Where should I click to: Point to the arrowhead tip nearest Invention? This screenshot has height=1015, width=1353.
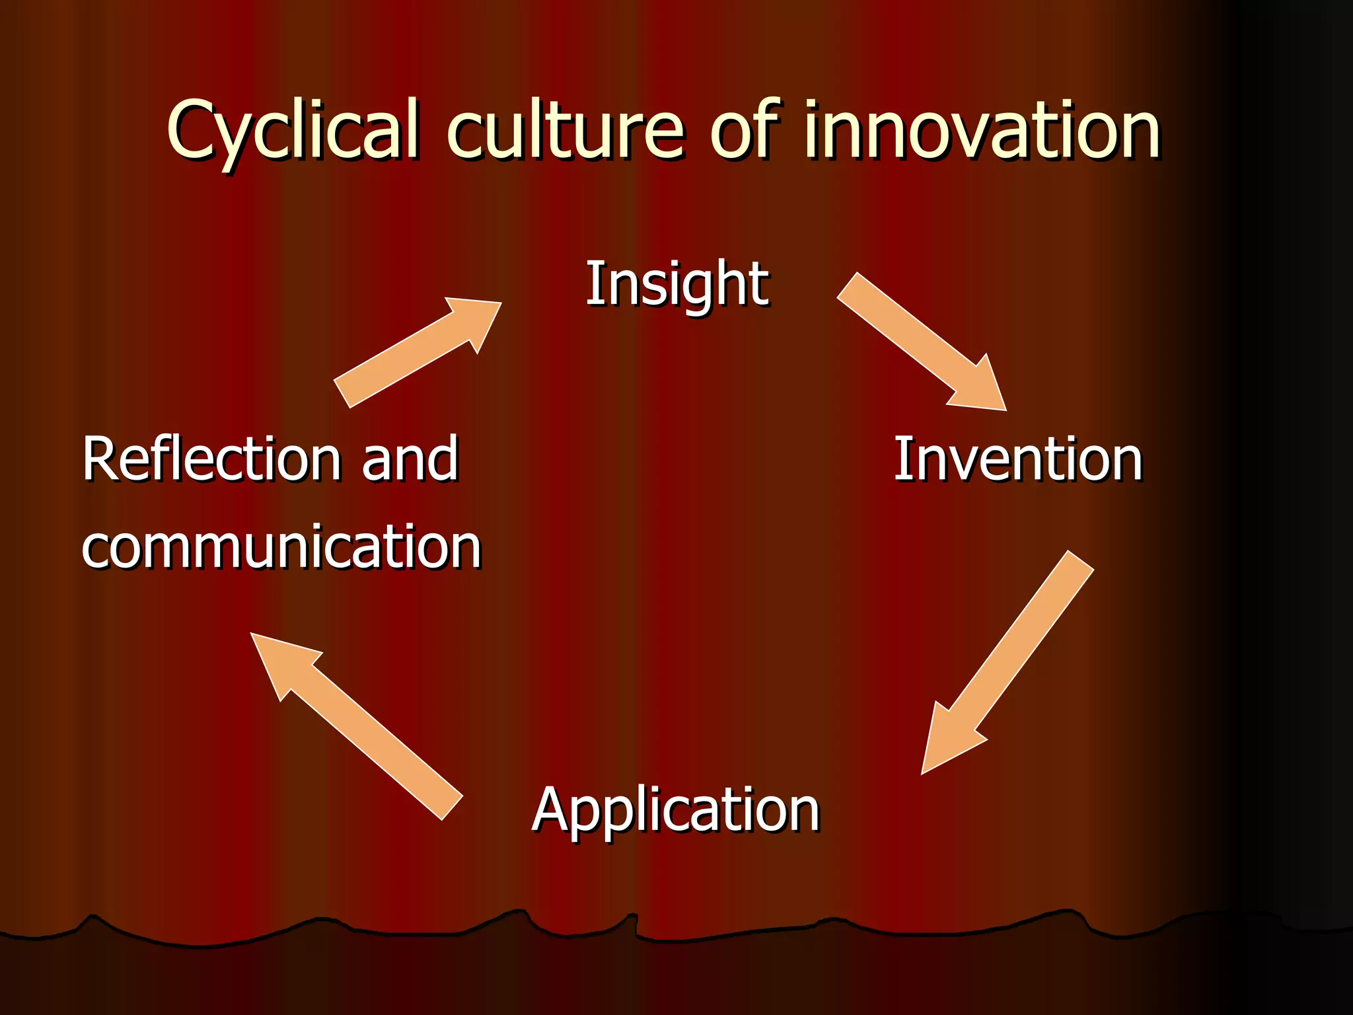click(1004, 408)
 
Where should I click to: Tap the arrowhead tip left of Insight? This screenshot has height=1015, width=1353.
click(499, 305)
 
